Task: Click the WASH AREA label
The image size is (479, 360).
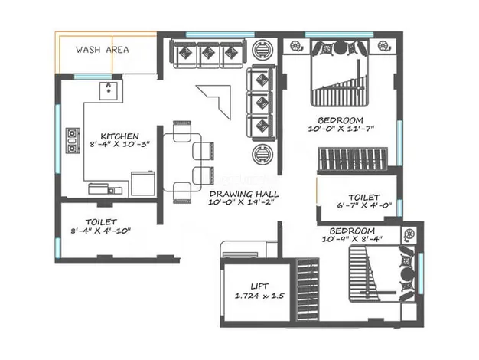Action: click(x=102, y=50)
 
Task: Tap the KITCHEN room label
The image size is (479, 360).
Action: click(x=119, y=136)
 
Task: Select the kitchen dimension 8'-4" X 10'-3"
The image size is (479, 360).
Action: click(x=119, y=144)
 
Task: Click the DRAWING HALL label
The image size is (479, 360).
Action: click(x=244, y=194)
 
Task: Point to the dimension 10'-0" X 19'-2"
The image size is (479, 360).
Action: click(x=241, y=202)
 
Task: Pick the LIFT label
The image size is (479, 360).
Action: click(x=259, y=286)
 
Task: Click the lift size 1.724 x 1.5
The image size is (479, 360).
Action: click(x=259, y=296)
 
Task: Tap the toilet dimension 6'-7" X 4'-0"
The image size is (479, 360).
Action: click(x=364, y=205)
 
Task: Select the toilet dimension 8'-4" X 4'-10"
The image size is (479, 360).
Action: click(x=101, y=231)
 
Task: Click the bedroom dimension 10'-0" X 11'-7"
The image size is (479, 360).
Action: click(x=341, y=129)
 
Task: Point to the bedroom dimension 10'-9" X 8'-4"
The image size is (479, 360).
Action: click(x=352, y=239)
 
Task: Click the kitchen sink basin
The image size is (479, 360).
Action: click(x=108, y=91)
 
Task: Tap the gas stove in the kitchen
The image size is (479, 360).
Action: click(x=73, y=141)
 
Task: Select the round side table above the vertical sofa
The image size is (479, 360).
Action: click(x=262, y=49)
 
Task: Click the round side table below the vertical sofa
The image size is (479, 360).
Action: click(x=262, y=154)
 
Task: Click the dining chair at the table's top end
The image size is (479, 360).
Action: click(x=182, y=131)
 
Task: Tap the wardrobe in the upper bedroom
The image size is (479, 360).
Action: click(x=353, y=159)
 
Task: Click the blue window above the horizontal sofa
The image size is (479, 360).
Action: click(x=220, y=34)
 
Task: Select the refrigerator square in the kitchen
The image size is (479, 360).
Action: click(x=143, y=184)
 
